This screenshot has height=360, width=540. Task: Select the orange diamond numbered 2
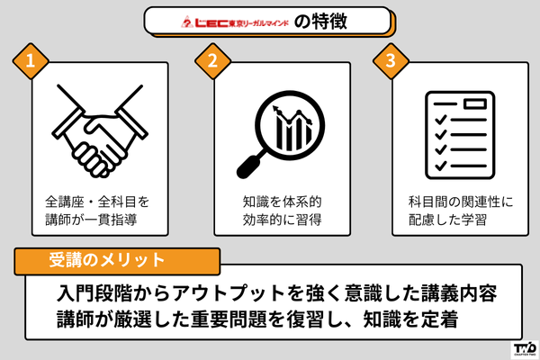click(212, 62)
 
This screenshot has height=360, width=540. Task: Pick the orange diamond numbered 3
click(390, 62)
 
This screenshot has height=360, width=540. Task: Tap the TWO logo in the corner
click(524, 346)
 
